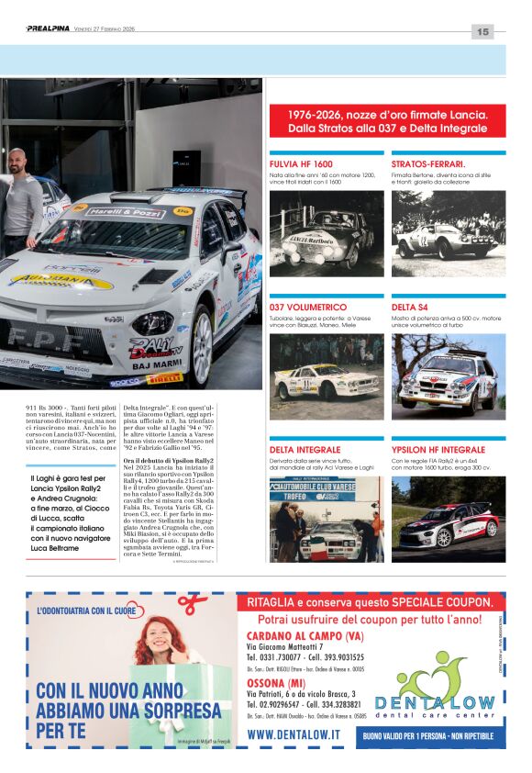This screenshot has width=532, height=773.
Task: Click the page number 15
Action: pyautogui.click(x=482, y=31)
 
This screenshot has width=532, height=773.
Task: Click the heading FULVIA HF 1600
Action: pyautogui.click(x=302, y=163)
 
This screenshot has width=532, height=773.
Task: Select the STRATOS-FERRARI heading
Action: pyautogui.click(x=427, y=163)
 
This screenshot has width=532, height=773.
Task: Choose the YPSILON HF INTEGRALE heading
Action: pyautogui.click(x=438, y=450)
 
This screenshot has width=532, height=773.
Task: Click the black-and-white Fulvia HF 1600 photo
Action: pyautogui.click(x=327, y=233)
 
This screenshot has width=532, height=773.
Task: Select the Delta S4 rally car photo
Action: pyautogui.click(x=449, y=376)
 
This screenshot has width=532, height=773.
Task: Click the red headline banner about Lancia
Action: pyautogui.click(x=387, y=121)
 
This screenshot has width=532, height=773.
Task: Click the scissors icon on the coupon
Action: pyautogui.click(x=193, y=604)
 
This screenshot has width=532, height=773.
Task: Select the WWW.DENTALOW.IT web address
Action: pyautogui.click(x=294, y=734)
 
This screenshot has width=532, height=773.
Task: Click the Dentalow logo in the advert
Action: pyautogui.click(x=447, y=693)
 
